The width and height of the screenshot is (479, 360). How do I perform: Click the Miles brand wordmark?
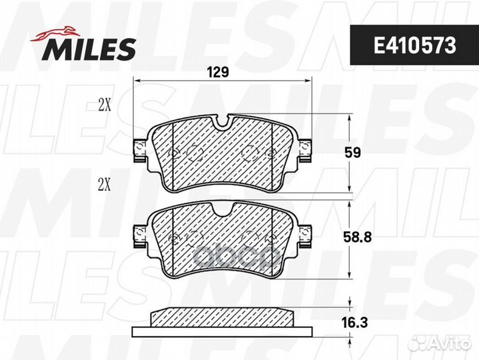click(x=89, y=49)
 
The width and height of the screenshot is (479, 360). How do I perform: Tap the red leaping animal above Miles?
click(x=55, y=34)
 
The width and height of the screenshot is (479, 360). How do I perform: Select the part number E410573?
click(x=415, y=46)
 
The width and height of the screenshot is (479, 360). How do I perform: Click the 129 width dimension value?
click(x=218, y=72)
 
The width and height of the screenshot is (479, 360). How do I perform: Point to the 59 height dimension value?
click(x=353, y=153)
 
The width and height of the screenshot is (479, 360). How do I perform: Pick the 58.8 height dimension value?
click(x=357, y=237)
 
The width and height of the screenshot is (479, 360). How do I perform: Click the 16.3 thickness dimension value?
click(x=354, y=323)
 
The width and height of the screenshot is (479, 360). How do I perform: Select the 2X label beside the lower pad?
click(x=104, y=185)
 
